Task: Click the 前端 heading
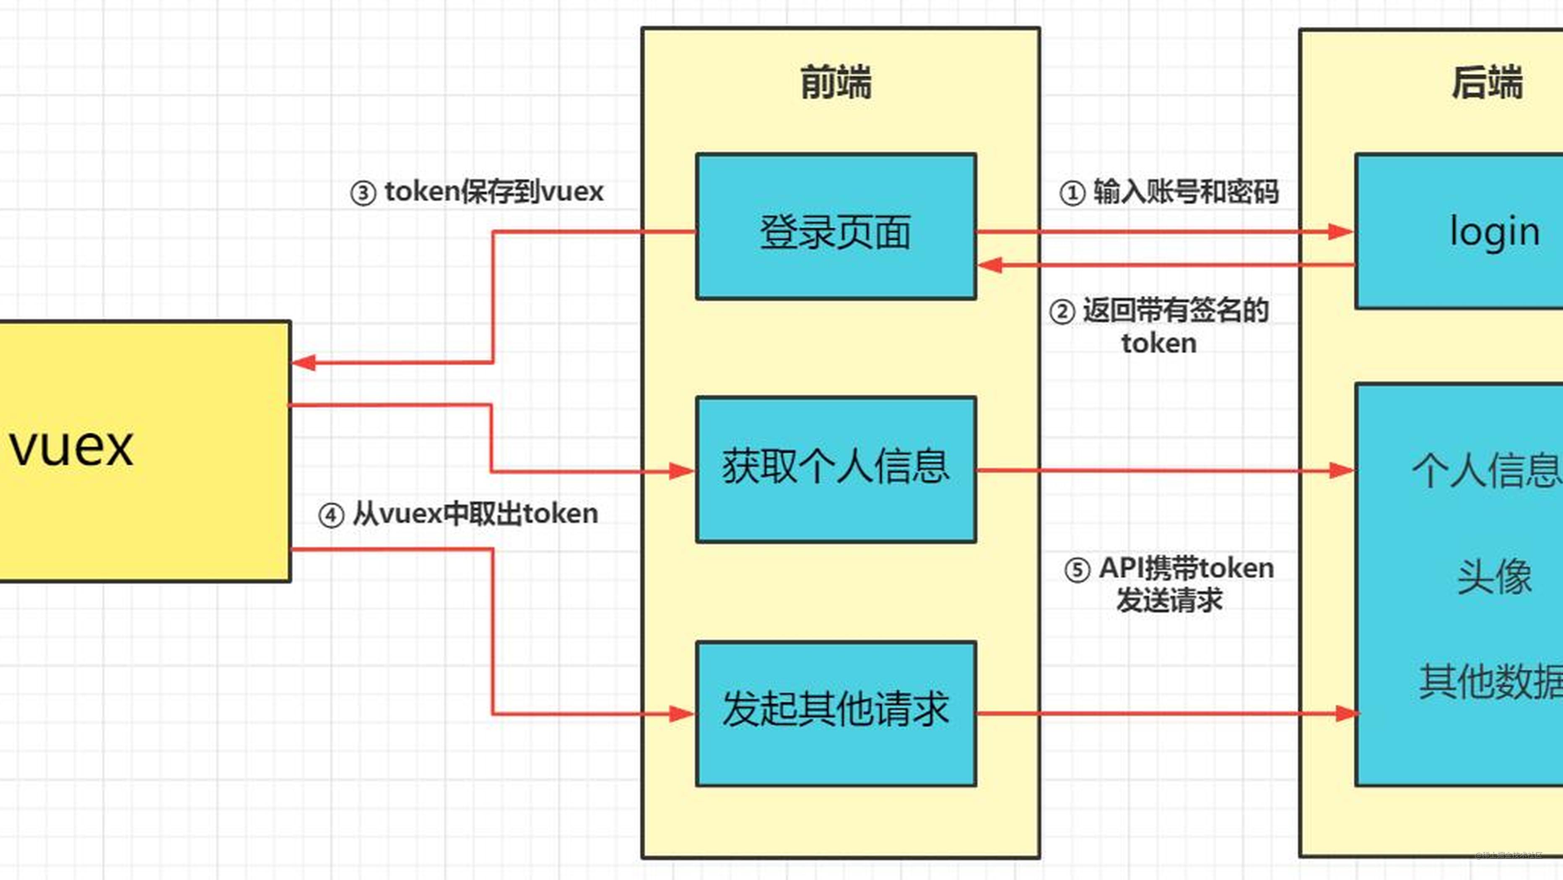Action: coord(836,83)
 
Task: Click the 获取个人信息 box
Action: coord(836,469)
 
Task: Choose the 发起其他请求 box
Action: coord(836,713)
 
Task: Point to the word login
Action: coord(1494,232)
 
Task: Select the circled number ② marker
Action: coord(1062,312)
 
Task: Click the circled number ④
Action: coord(331,516)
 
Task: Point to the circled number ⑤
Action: coord(1077,570)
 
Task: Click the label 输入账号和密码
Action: coord(1186,192)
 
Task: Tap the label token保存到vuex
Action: coord(494,192)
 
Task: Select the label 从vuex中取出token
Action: coord(475,514)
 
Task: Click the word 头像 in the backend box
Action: coord(1494,577)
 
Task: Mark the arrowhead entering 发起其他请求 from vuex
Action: coord(682,714)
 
